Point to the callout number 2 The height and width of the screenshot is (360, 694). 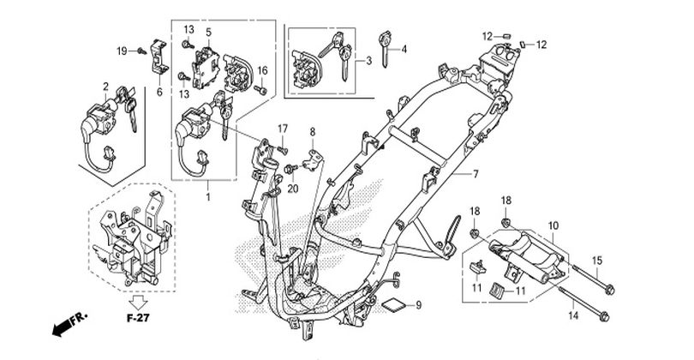[105, 86]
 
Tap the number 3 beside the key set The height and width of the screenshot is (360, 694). [368, 61]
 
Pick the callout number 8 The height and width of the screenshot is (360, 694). [313, 132]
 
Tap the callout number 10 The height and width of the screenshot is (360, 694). [553, 225]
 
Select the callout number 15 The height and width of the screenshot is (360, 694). [597, 260]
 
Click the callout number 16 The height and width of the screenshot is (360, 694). [263, 70]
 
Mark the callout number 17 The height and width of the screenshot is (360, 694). [281, 129]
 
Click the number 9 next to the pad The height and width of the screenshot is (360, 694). [419, 305]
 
